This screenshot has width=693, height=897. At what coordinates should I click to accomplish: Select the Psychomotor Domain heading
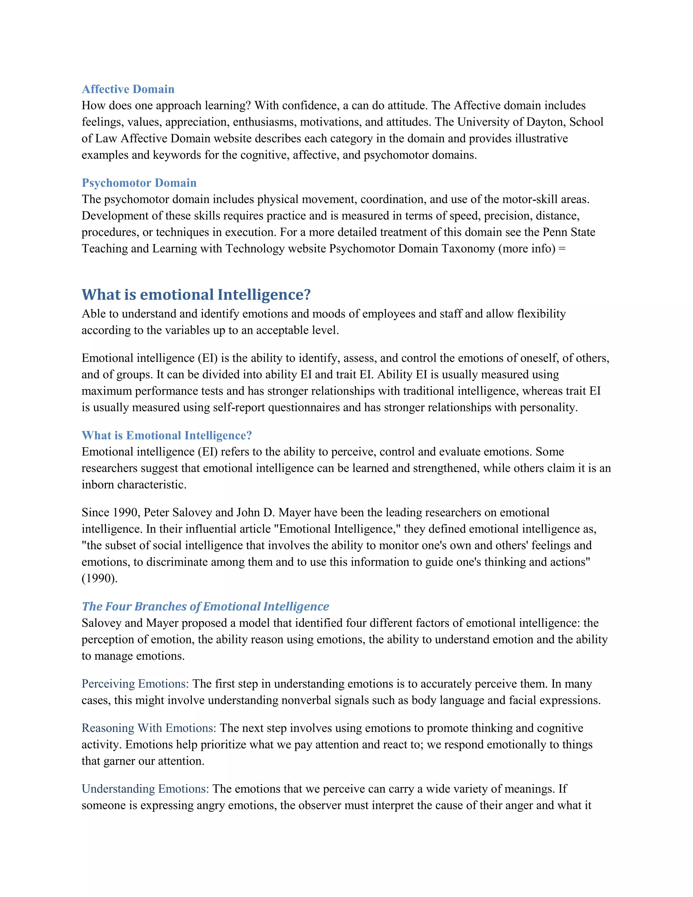click(x=139, y=183)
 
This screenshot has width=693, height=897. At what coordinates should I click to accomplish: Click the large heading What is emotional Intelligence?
click(x=196, y=294)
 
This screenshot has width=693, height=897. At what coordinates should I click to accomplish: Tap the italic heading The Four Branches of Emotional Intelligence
click(x=205, y=606)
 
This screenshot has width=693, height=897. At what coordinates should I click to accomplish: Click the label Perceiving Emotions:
click(x=135, y=684)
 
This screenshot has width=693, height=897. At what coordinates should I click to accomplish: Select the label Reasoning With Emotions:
click(x=149, y=728)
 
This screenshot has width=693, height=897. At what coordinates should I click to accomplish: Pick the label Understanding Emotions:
click(x=145, y=789)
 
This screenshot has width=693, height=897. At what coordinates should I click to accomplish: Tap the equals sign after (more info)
click(x=562, y=249)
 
